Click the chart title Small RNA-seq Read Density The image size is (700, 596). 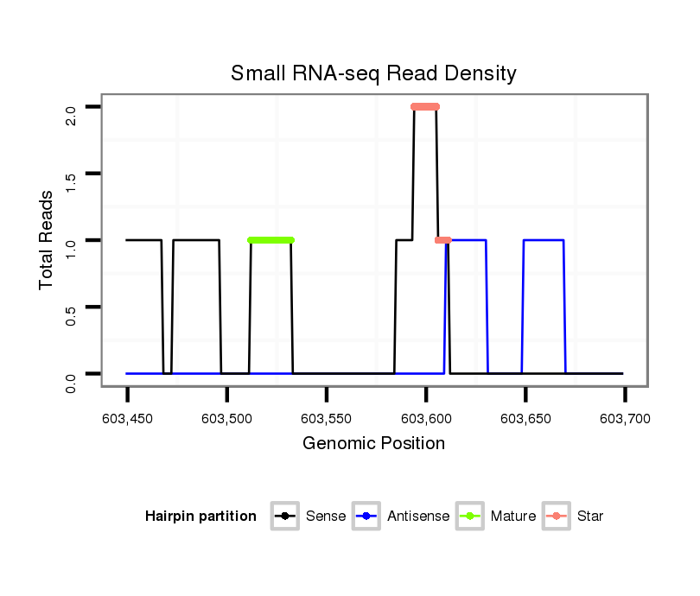pos(373,73)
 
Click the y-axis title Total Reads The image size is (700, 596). pos(47,239)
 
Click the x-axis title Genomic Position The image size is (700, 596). pos(373,444)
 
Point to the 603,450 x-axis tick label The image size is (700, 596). pos(127,420)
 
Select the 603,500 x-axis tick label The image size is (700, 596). pos(226,420)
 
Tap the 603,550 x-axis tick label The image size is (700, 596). pos(327,420)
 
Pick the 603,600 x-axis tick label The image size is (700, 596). pos(426,420)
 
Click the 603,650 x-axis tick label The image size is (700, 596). pos(525,420)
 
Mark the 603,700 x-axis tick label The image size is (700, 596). pos(625,420)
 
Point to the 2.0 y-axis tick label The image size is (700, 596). pos(71,107)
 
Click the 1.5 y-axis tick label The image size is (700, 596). pos(71,174)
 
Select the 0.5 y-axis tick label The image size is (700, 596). pos(71,307)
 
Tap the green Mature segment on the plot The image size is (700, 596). pos(270,240)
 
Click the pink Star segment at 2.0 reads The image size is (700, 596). pos(425,107)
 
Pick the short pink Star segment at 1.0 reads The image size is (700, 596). pos(443,240)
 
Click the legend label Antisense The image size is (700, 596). pos(418,517)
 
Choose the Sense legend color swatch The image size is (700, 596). pos(285,517)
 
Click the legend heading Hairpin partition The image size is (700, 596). pos(200,517)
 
